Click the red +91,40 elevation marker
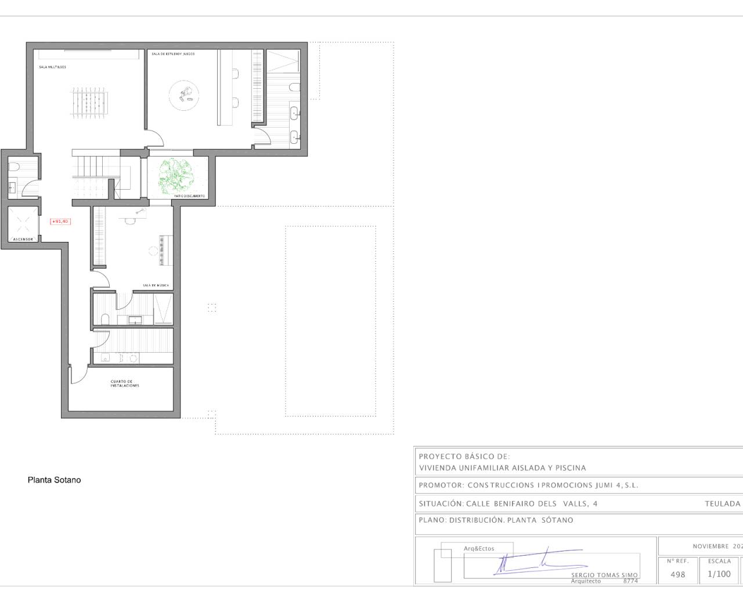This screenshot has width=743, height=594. [x=60, y=221]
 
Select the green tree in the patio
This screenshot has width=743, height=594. [x=177, y=176]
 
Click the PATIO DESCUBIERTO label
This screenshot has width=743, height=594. [x=190, y=196]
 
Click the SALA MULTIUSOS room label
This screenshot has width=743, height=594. [x=53, y=67]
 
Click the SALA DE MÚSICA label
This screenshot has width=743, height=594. [x=156, y=285]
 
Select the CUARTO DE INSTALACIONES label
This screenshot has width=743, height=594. [x=125, y=383]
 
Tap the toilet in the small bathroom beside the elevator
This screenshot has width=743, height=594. [x=15, y=167]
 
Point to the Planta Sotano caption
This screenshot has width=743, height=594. [x=54, y=480]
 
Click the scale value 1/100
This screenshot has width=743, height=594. [x=719, y=574]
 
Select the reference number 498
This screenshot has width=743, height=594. [x=677, y=574]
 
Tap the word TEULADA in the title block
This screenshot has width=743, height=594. [x=722, y=504]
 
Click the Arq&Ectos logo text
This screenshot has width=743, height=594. [x=479, y=548]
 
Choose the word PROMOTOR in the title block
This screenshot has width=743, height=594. [x=441, y=485]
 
